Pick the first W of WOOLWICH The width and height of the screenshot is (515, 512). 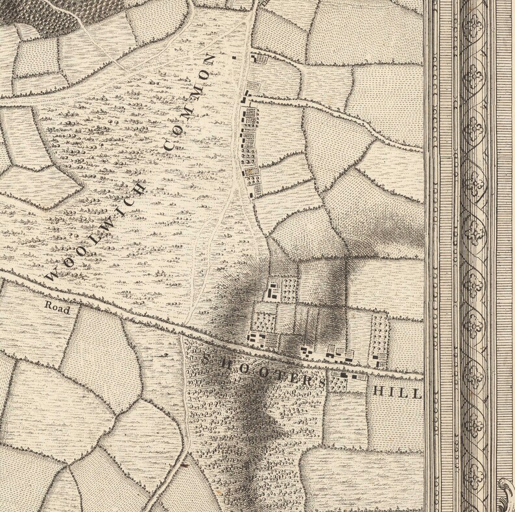(50, 275)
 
